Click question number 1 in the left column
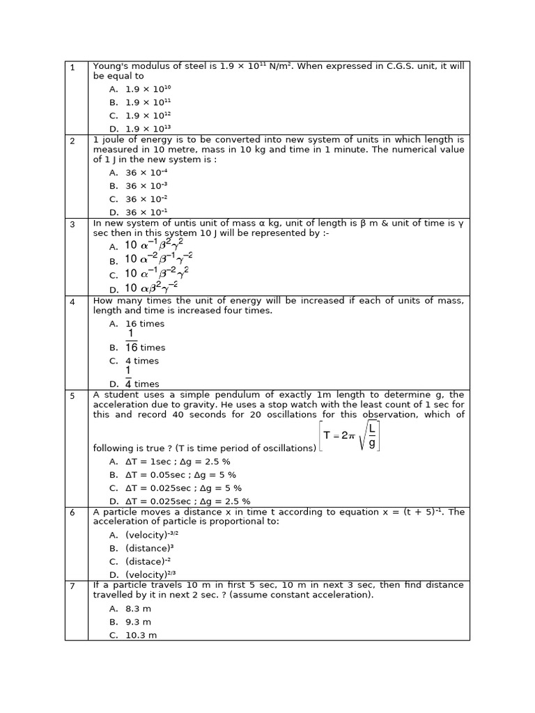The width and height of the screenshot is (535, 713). click(72, 67)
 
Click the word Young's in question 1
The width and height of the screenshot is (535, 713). click(109, 67)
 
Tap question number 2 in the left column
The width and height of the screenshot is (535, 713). click(72, 141)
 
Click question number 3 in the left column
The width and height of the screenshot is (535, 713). click(72, 224)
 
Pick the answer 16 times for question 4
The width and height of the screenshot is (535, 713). click(145, 324)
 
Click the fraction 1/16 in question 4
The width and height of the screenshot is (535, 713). click(132, 341)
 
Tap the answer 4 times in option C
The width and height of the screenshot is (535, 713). click(142, 361)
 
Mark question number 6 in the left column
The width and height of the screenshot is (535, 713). click(72, 512)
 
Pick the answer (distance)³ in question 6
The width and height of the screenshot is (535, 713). click(149, 548)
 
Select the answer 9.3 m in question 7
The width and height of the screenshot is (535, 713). click(138, 622)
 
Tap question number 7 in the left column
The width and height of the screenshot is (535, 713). click(72, 586)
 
